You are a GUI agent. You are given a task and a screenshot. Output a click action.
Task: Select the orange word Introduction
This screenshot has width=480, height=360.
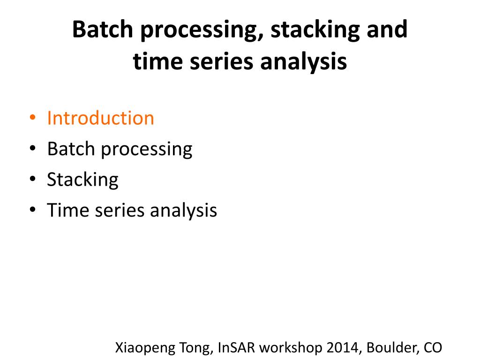pyautogui.click(x=100, y=118)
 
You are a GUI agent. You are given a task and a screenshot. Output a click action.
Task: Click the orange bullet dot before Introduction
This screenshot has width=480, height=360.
pyautogui.click(x=32, y=118)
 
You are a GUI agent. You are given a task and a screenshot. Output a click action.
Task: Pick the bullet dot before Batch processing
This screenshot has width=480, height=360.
pyautogui.click(x=32, y=149)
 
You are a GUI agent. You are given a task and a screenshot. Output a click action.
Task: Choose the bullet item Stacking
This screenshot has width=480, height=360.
pyautogui.click(x=82, y=180)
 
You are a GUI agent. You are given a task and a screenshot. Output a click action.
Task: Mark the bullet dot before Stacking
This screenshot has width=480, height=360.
pyautogui.click(x=32, y=180)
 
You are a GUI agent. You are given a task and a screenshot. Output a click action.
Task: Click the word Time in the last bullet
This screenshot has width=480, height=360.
pyautogui.click(x=69, y=210)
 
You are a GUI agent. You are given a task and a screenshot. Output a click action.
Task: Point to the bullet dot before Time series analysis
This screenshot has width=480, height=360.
pyautogui.click(x=32, y=210)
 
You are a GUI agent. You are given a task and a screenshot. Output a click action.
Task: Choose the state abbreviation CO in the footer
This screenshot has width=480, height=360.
pyautogui.click(x=432, y=348)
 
